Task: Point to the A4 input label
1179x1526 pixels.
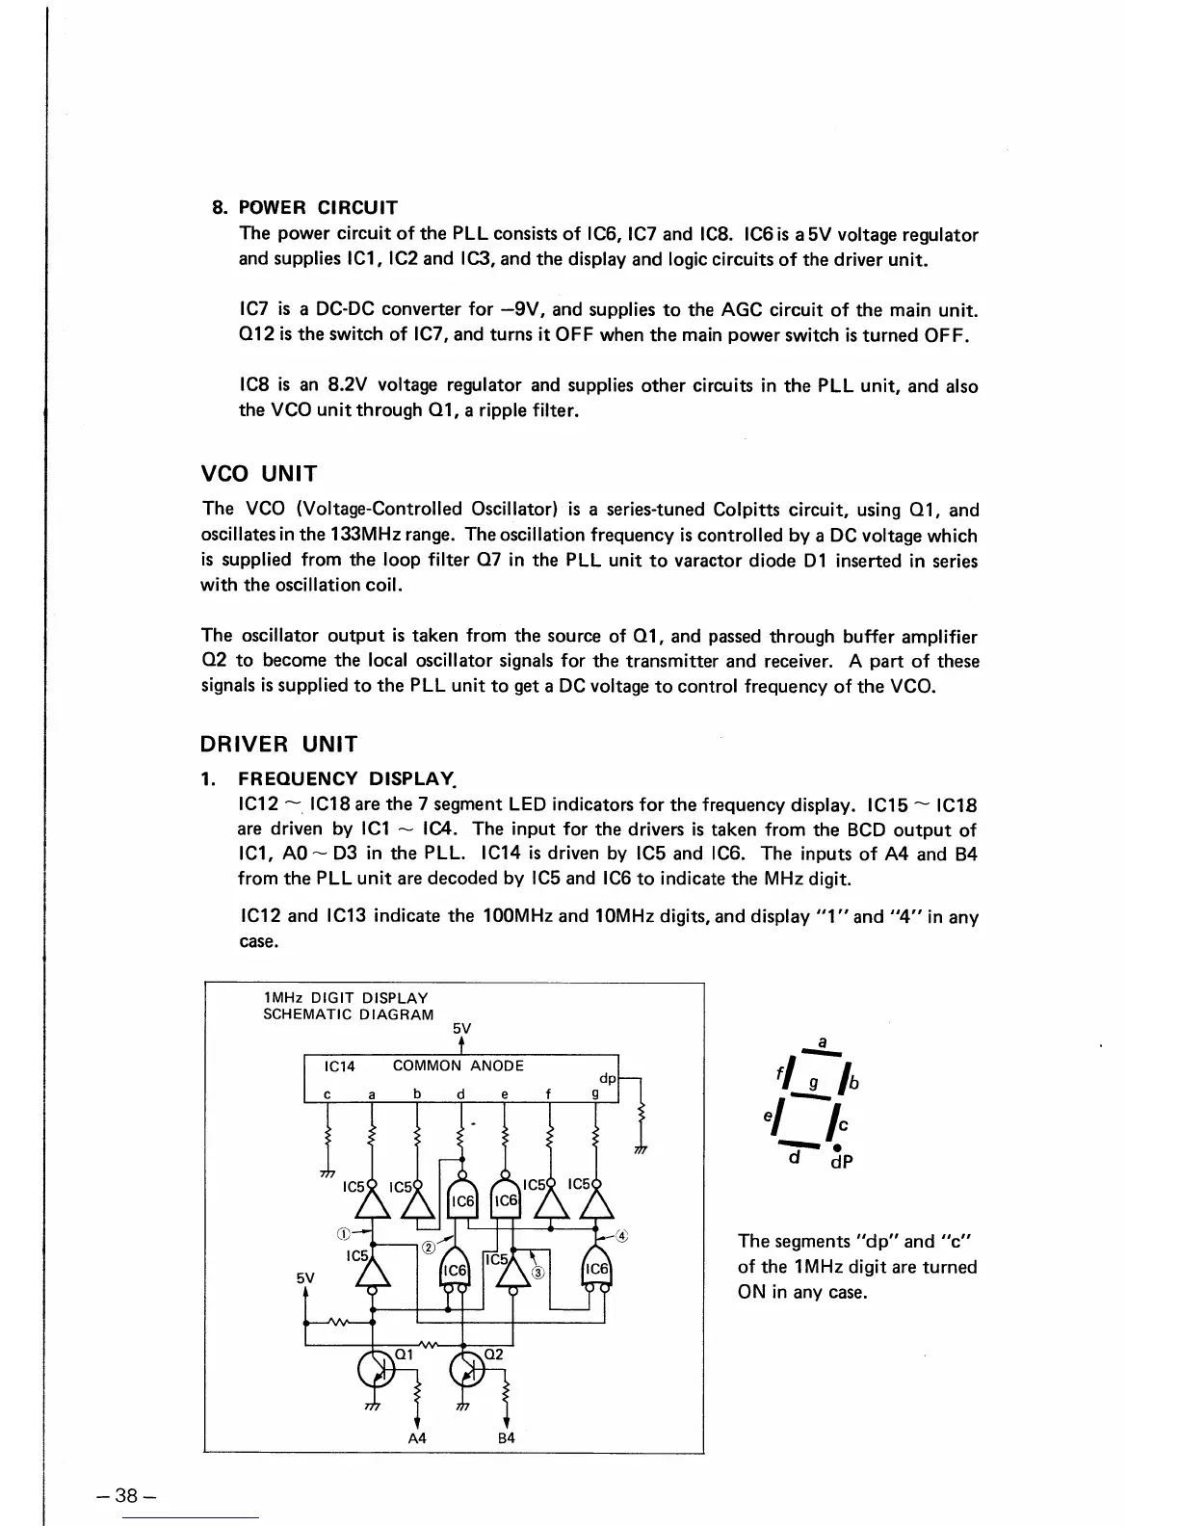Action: [x=417, y=1437]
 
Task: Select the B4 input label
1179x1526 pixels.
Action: [x=506, y=1437]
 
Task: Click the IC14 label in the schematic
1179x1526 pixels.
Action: [x=340, y=1066]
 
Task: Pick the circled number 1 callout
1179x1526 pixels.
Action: [x=343, y=1232]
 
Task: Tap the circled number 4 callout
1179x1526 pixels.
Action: [x=622, y=1235]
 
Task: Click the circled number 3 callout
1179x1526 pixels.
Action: [x=538, y=1272]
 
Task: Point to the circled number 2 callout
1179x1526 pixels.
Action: [x=426, y=1249]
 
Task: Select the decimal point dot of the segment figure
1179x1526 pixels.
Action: [x=837, y=1147]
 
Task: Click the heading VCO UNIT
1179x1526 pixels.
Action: [x=259, y=474]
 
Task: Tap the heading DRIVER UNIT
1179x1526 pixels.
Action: [x=278, y=744]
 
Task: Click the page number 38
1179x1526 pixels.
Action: [x=127, y=1496]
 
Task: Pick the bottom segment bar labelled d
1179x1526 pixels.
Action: [x=803, y=1143]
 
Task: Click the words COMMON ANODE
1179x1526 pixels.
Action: [x=458, y=1066]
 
